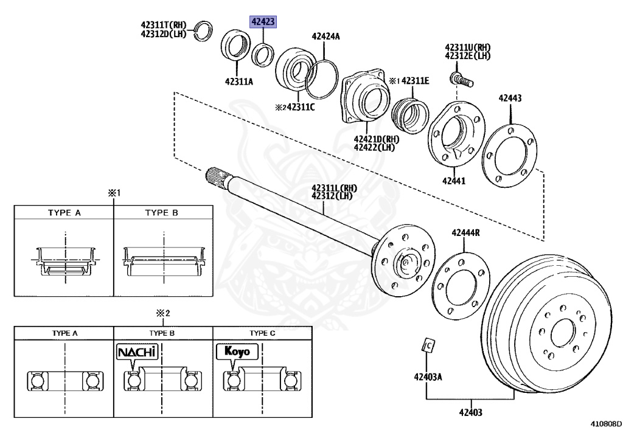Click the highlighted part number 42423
pos(263,23)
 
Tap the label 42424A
pos(325,36)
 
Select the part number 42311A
pos(238,81)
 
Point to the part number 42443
pos(510,97)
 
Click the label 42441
pos(453,181)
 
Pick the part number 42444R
pos(465,232)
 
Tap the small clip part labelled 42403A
pos(428,345)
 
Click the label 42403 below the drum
pos(470,412)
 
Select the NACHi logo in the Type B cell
pos(137,352)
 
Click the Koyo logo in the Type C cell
pos(237,352)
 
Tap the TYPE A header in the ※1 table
pos(64,213)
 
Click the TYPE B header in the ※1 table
pos(162,213)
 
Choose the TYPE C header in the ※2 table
pos(262,333)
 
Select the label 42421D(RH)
pos(373,139)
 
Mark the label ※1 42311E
pos(409,80)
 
